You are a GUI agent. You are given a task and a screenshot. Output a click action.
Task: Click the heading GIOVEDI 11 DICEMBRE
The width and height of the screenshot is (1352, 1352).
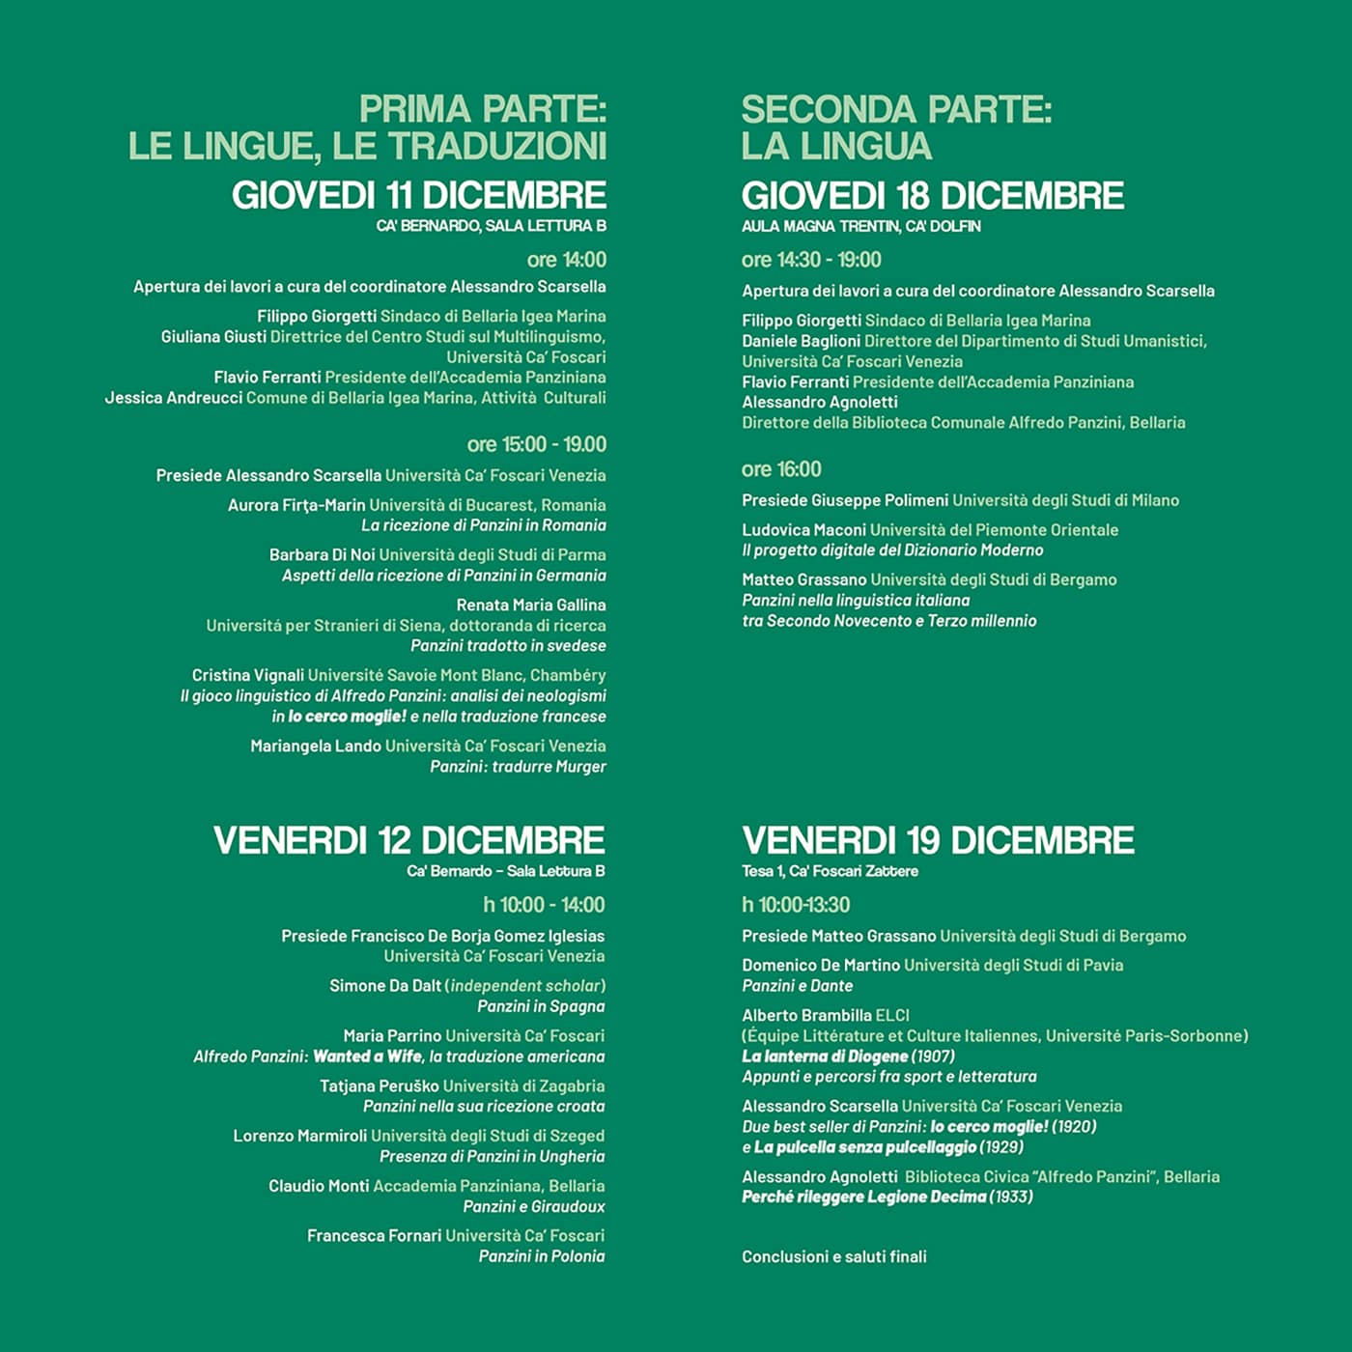point(419,196)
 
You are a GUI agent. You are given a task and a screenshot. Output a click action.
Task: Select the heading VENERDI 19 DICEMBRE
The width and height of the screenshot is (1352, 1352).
point(938,840)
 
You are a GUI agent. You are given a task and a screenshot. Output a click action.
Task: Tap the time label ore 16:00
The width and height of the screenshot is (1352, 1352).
point(781,469)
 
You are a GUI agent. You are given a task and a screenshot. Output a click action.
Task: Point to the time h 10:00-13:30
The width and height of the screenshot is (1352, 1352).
point(796,905)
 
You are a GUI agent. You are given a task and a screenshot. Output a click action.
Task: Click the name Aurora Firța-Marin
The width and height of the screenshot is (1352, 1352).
point(296,505)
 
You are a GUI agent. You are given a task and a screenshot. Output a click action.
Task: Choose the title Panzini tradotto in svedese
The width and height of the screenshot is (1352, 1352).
point(508,645)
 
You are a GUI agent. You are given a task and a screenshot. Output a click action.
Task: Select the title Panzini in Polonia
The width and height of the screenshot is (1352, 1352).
point(542,1255)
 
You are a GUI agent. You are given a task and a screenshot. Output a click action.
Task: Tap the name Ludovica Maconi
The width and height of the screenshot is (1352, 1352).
point(803,529)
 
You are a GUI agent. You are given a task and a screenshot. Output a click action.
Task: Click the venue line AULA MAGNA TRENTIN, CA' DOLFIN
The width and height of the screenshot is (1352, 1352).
point(861,226)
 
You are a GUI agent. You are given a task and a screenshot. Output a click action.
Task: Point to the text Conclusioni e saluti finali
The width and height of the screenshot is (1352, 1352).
point(834,1256)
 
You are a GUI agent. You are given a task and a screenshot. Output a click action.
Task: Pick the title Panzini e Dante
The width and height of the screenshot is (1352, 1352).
point(798,986)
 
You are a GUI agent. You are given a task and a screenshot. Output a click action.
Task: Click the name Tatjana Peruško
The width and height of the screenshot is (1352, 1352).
point(380,1085)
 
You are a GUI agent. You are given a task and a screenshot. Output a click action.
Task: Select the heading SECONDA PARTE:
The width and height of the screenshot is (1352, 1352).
point(896,109)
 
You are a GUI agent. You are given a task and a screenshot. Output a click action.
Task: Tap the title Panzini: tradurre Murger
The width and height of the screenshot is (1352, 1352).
point(519,767)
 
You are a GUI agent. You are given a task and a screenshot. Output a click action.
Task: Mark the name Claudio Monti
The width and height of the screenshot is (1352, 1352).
point(319,1186)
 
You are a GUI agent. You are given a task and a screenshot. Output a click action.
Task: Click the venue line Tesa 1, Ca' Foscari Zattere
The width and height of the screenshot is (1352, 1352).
point(830,871)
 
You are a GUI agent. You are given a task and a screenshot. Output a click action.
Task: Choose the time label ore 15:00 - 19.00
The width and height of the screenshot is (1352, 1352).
point(537,444)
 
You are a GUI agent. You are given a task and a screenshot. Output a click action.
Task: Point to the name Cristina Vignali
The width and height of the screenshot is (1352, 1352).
point(248,675)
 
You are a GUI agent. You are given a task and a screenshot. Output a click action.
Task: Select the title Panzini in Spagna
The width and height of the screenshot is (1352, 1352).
point(541,1006)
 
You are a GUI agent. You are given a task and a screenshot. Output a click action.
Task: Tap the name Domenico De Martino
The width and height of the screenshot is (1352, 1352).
point(821,965)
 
